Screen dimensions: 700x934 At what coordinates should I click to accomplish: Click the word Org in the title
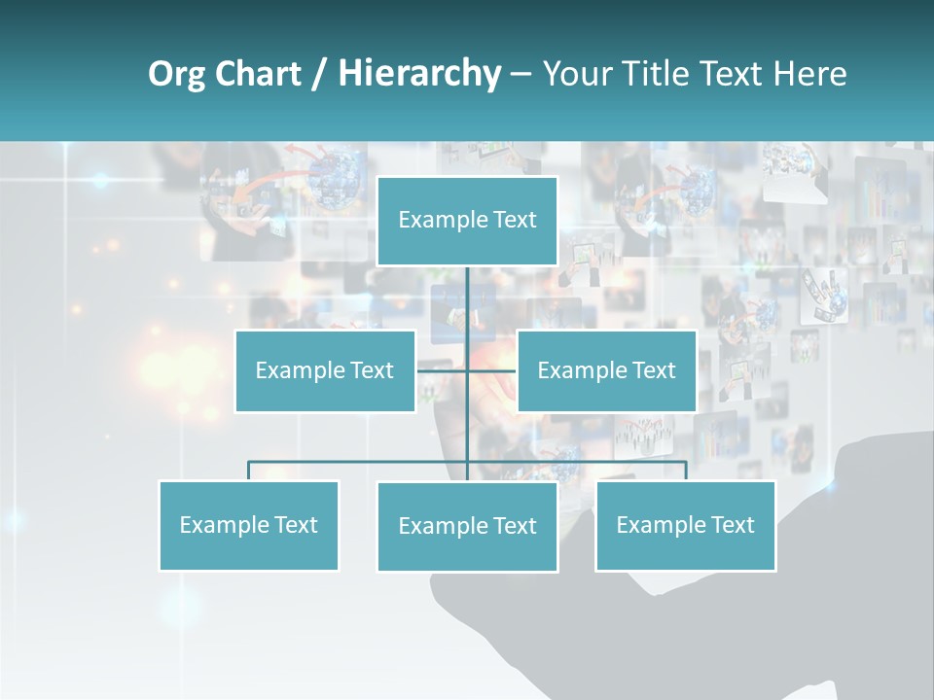pyautogui.click(x=177, y=74)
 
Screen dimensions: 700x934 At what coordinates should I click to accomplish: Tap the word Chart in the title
pyautogui.click(x=254, y=74)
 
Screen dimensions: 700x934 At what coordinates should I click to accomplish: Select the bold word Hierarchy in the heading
pyautogui.click(x=418, y=74)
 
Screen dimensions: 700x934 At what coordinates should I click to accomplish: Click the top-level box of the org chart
pyautogui.click(x=467, y=221)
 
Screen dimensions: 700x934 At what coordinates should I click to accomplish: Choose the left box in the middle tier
pyautogui.click(x=325, y=370)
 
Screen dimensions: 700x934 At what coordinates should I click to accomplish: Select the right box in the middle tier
pyautogui.click(x=606, y=370)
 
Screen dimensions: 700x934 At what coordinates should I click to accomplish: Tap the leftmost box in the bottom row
pyautogui.click(x=249, y=525)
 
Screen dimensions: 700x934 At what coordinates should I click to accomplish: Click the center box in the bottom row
pyautogui.click(x=467, y=526)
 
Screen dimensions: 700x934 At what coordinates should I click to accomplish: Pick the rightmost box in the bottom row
pyautogui.click(x=685, y=525)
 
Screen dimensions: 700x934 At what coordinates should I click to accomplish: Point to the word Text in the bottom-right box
pyautogui.click(x=732, y=525)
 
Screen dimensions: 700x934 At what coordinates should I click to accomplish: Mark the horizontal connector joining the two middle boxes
pyautogui.click(x=443, y=370)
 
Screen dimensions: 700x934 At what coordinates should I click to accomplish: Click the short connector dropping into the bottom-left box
pyautogui.click(x=249, y=471)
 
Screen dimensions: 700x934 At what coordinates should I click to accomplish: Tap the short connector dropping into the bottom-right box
pyautogui.click(x=686, y=471)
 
